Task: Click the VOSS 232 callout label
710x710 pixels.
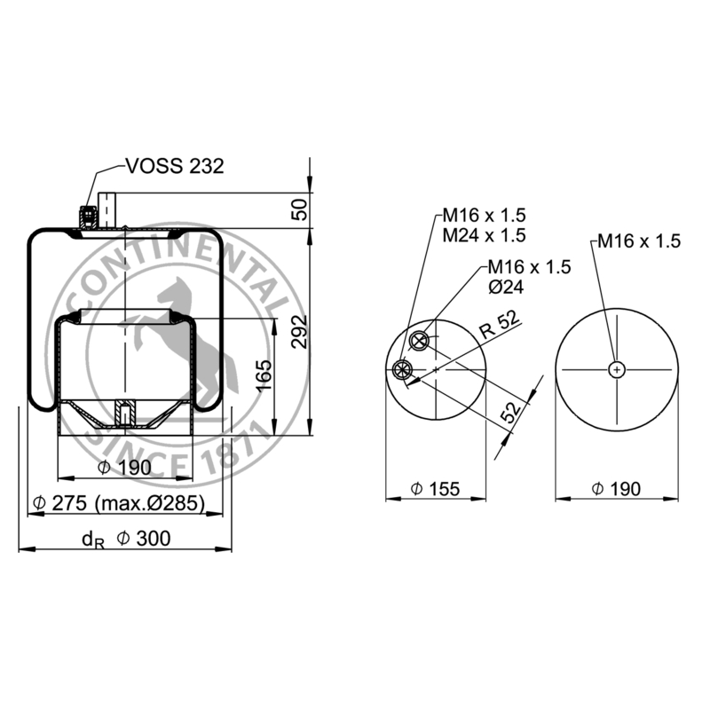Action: [x=175, y=166]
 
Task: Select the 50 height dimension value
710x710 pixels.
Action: [x=300, y=209]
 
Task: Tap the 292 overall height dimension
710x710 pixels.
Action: [x=299, y=331]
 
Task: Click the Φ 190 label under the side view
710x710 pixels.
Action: [x=124, y=468]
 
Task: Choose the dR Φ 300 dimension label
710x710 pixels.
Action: [x=126, y=539]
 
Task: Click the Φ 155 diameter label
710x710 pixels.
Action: [x=435, y=489]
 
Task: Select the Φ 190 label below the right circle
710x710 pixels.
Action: [x=616, y=489]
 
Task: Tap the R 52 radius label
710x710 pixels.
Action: [x=500, y=324]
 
